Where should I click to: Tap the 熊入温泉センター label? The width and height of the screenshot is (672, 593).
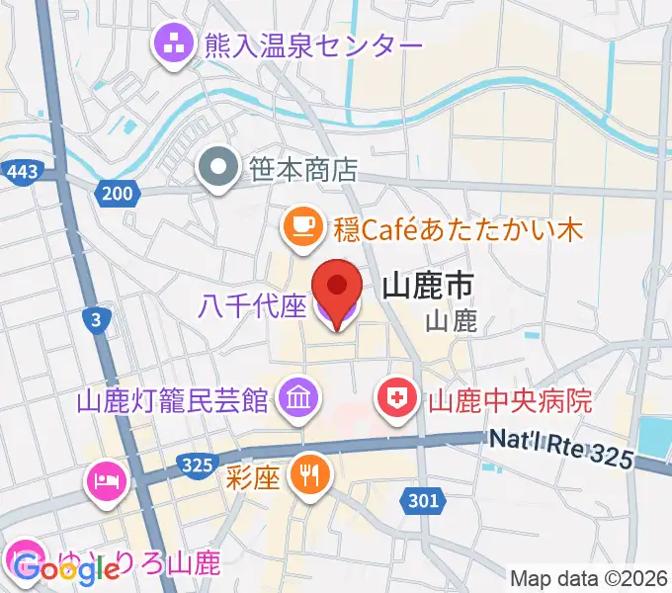click(x=312, y=44)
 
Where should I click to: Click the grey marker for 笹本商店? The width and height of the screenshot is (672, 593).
click(x=216, y=168)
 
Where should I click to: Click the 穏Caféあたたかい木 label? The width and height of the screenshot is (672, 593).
click(x=457, y=230)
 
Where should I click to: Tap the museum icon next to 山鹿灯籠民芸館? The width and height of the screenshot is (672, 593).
click(x=296, y=399)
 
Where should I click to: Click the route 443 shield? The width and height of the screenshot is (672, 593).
click(x=21, y=172)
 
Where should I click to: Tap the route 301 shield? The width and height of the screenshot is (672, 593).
click(x=422, y=502)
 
